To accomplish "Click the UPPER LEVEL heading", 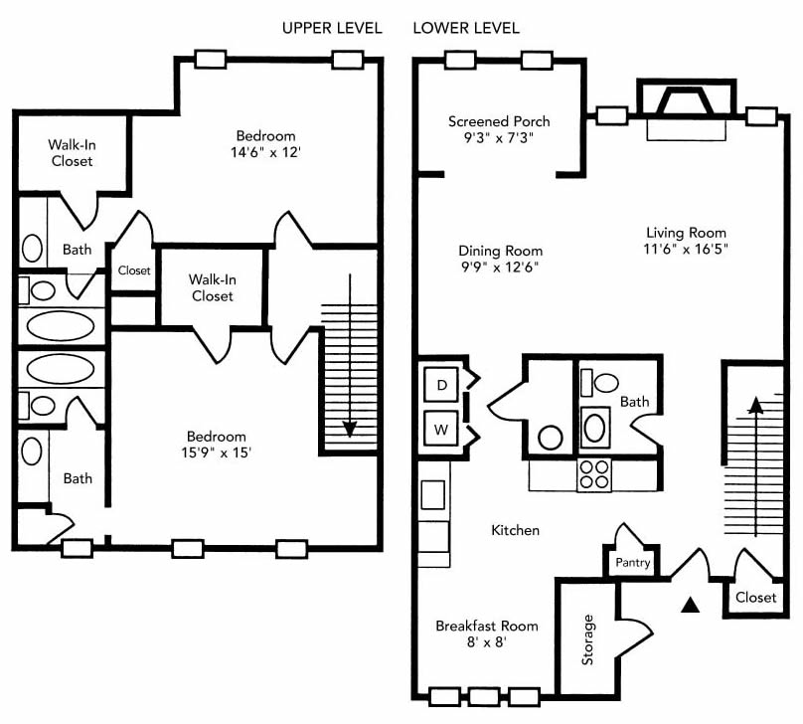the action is tap(332, 28).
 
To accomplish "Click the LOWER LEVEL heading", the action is tap(466, 28).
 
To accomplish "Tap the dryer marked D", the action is tap(441, 385).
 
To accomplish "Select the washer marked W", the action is tap(441, 429).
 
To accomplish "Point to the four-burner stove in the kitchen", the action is tap(594, 474).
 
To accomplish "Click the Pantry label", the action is tap(632, 563).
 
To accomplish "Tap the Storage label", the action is tap(587, 639).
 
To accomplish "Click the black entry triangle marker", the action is tap(691, 605).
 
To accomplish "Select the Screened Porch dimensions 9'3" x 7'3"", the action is tap(499, 138).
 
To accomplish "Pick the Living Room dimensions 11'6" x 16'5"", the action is tap(686, 249).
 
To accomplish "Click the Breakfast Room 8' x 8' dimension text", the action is tap(487, 641).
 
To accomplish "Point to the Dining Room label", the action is tap(500, 251).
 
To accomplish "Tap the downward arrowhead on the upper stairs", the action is tap(350, 429).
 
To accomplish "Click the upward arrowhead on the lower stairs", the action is tap(756, 405).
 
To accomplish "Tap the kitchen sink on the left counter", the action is tap(432, 494).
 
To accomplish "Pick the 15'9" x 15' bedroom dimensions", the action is tap(216, 452).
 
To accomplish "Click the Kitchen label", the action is tap(515, 530).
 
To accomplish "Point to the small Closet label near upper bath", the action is tap(134, 271).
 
